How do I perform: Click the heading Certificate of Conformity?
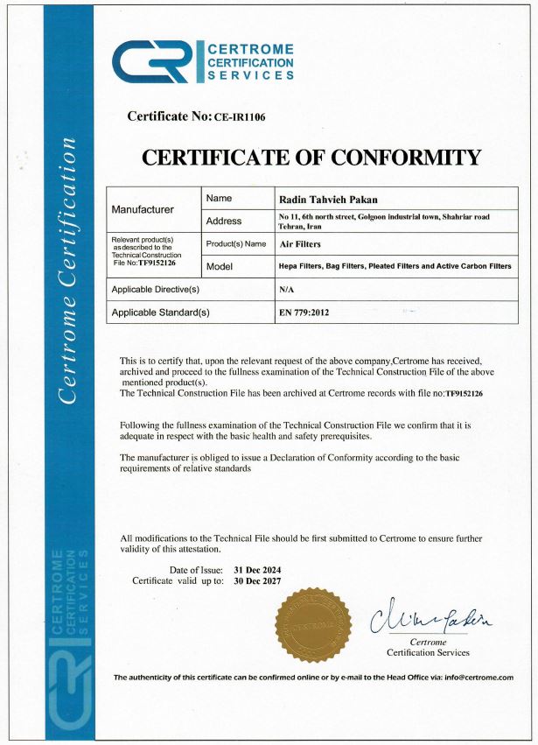click(x=311, y=158)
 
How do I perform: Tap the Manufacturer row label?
click(x=143, y=210)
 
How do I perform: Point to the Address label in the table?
click(x=224, y=221)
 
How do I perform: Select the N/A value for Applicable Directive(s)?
click(x=285, y=288)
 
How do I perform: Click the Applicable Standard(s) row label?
click(x=160, y=311)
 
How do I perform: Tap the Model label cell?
click(x=220, y=266)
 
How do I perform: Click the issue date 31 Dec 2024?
click(x=257, y=570)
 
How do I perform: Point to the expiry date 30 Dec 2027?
click(x=257, y=580)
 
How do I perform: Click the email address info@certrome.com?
click(x=478, y=678)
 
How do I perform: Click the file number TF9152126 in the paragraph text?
click(x=465, y=395)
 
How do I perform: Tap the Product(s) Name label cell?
click(x=236, y=243)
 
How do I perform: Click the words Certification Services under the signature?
click(x=428, y=652)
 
